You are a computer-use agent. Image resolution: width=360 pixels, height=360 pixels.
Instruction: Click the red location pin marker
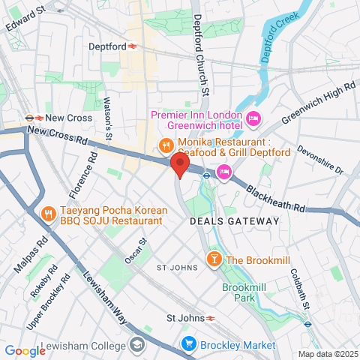coord(178,165)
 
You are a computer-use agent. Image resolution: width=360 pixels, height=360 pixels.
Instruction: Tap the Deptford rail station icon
coord(132,46)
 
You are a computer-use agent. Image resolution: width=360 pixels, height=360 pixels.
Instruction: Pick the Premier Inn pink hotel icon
coord(253,118)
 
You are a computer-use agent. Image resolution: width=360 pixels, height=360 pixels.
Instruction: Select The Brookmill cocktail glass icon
coord(213,260)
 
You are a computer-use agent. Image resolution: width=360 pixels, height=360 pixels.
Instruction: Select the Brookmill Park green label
coord(244,292)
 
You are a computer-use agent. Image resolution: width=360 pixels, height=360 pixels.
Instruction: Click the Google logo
coord(25,350)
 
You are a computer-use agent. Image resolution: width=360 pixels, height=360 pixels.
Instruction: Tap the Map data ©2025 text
coord(328,354)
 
